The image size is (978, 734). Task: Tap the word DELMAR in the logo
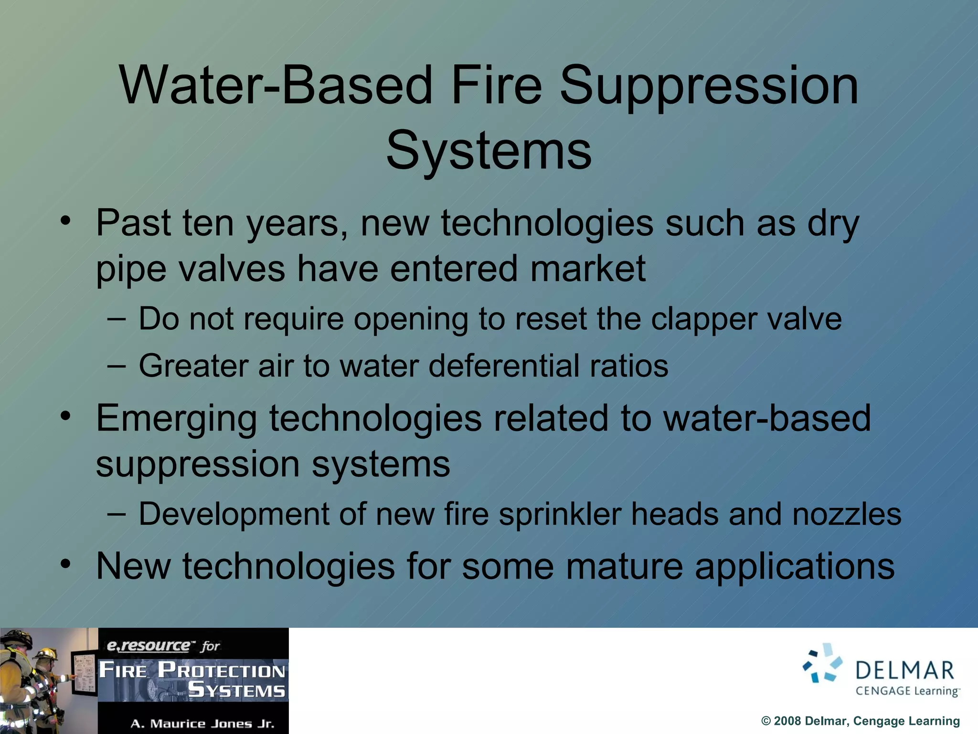click(904, 671)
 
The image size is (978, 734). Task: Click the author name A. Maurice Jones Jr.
click(202, 723)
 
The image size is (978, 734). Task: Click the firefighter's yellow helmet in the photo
click(45, 653)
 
